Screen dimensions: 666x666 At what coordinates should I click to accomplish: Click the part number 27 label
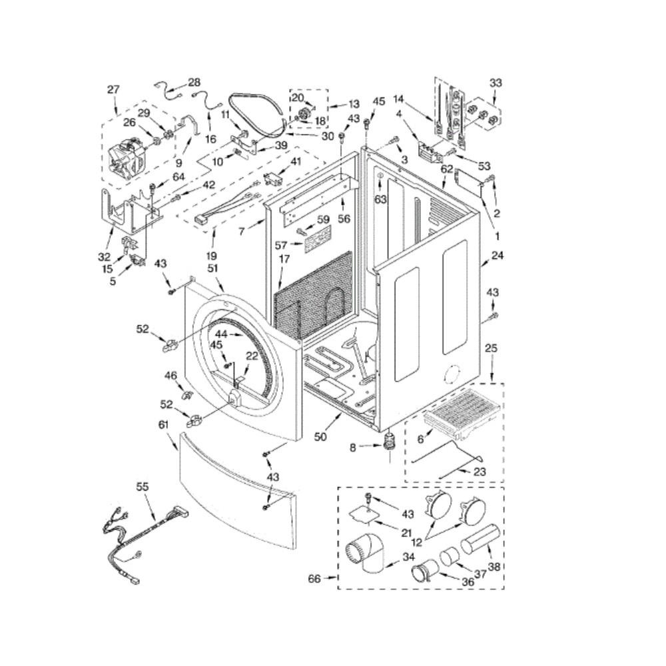(x=113, y=90)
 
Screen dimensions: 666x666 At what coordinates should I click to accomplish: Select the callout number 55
(x=143, y=487)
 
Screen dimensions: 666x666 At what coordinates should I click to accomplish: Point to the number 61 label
(x=164, y=425)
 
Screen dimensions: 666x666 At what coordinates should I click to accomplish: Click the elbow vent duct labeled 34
(x=364, y=555)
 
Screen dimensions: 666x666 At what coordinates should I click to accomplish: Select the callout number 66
(x=315, y=579)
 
